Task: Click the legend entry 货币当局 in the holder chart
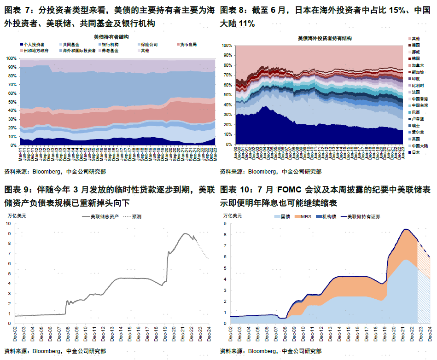[188, 44]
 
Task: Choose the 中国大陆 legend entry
[419, 145]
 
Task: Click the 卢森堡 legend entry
[417, 119]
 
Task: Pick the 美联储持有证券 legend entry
[364, 216]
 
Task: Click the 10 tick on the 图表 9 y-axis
[8, 224]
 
